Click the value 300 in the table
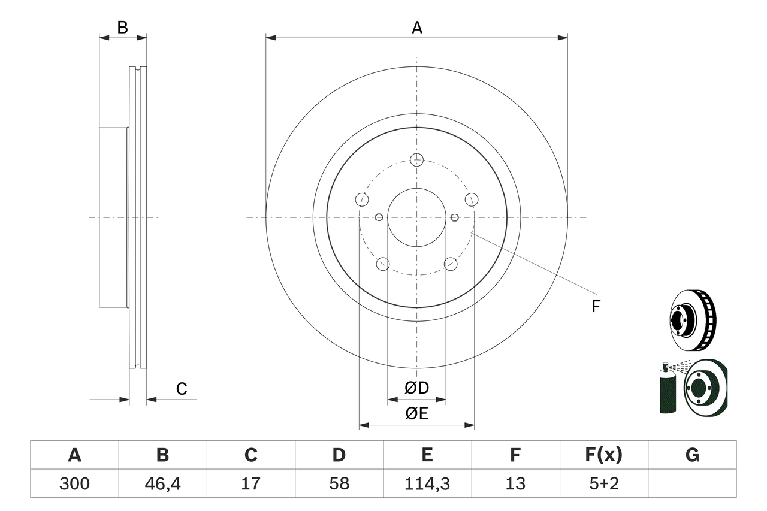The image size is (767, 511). [74, 483]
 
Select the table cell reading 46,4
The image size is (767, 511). [162, 483]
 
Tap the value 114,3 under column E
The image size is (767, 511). [427, 483]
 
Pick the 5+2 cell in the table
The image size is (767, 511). [603, 483]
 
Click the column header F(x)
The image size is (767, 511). [603, 455]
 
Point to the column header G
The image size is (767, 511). [692, 455]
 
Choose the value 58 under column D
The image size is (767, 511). [339, 483]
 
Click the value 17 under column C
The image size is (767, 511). [250, 483]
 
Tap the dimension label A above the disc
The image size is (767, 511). [416, 28]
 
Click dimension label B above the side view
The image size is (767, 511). [122, 28]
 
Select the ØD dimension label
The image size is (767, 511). [416, 388]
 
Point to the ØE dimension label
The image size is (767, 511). [416, 413]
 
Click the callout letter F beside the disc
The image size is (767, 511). [596, 307]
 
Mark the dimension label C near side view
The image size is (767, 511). [182, 389]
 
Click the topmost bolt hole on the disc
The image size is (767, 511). [417, 159]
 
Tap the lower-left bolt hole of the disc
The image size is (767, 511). [382, 264]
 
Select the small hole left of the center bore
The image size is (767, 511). [379, 217]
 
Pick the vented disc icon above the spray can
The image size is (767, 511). [691, 320]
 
